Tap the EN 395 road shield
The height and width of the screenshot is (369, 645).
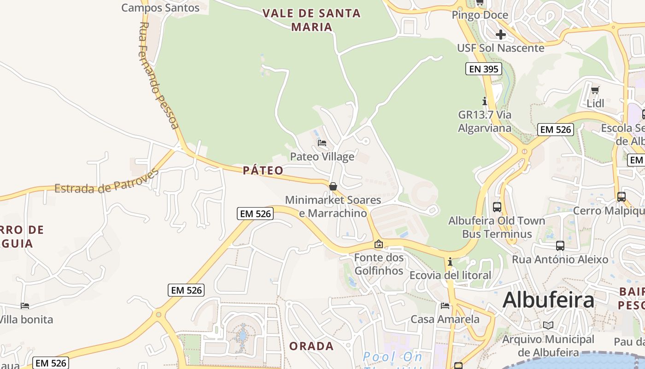[x=483, y=69]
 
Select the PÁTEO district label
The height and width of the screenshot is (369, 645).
[x=263, y=171]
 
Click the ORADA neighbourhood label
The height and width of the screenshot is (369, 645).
[x=311, y=346]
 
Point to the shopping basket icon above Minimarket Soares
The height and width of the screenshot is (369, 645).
[x=333, y=186]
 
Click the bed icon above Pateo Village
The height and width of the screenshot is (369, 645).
[x=322, y=143]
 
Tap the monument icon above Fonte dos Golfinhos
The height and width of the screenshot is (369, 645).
[x=379, y=244]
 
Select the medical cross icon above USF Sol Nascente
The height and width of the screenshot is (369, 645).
[x=501, y=35]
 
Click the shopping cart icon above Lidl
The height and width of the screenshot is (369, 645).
[x=595, y=90]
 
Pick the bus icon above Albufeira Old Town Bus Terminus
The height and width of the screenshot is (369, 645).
[x=497, y=207]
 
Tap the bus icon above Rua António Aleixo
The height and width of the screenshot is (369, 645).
[x=560, y=246]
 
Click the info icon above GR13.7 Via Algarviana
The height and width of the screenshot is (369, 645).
[x=484, y=101]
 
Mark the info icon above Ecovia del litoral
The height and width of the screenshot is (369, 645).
[x=450, y=262]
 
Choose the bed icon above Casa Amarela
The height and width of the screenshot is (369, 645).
[x=445, y=305]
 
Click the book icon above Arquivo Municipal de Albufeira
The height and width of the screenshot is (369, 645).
[x=548, y=326]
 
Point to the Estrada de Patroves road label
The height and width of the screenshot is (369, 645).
[x=106, y=182]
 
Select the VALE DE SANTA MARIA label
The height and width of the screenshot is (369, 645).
[x=312, y=20]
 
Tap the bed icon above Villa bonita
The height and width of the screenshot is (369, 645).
[x=25, y=306]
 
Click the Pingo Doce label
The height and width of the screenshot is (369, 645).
[x=480, y=15]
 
